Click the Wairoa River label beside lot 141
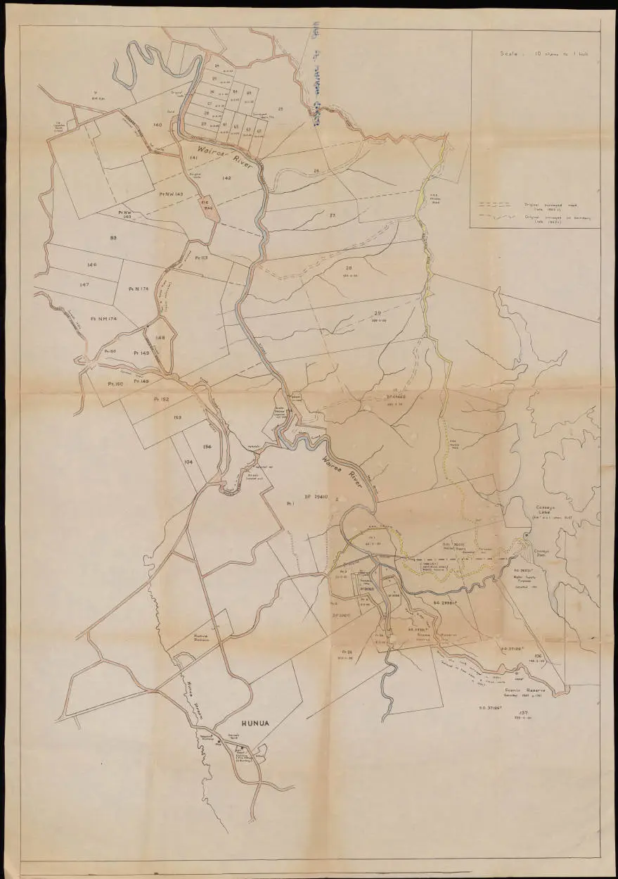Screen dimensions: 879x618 [218, 154]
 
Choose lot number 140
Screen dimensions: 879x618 [157, 125]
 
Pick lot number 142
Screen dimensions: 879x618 [226, 179]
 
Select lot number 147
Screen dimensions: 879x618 [84, 284]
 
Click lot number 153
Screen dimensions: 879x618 [177, 417]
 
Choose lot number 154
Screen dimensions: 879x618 [207, 447]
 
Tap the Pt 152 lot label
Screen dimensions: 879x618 [161, 398]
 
